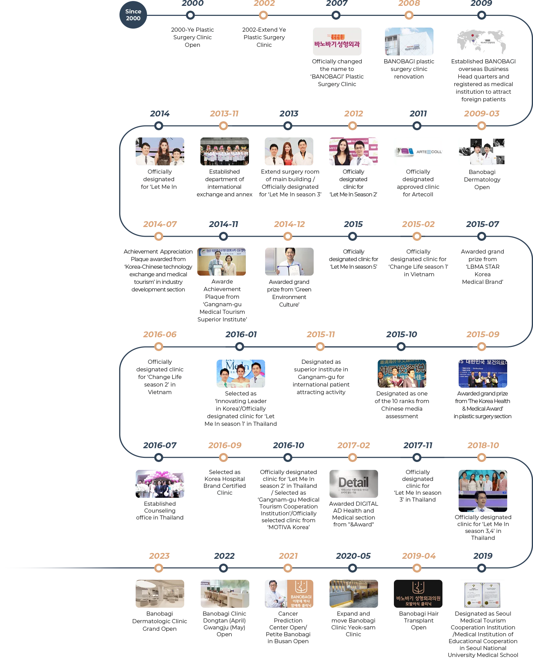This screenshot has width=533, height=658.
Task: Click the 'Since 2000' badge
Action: (133, 15)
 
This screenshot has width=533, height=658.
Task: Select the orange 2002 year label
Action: (264, 4)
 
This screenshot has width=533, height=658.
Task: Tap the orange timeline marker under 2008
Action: (409, 15)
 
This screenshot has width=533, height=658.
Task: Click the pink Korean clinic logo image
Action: (337, 42)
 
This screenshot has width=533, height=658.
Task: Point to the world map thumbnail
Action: (482, 42)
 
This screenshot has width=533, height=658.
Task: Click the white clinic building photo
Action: (409, 42)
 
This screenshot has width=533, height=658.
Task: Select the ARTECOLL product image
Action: (418, 151)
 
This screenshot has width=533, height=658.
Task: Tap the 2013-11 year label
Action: (224, 114)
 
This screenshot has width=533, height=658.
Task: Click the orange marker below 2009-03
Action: (481, 126)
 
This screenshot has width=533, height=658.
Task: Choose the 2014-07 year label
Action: (160, 225)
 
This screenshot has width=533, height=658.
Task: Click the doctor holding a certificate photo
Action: (289, 260)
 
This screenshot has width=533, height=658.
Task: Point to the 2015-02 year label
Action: (418, 225)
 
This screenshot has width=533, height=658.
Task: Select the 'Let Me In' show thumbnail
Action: (241, 373)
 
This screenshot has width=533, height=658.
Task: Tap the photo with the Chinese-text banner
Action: (402, 373)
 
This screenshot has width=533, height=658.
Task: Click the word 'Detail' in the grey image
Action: (353, 482)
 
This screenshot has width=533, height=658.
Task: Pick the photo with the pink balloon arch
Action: (159, 483)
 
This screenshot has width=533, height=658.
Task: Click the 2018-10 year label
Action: (483, 445)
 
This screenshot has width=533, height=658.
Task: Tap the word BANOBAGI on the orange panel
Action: (301, 597)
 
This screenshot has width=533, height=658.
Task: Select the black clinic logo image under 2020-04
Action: (418, 594)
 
